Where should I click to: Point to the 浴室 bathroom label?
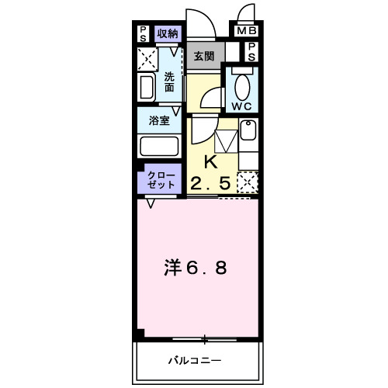pos(160,120)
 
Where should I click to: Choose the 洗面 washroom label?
pos(170,81)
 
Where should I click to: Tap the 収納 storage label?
pos(167,33)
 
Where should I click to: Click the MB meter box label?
pos(246,32)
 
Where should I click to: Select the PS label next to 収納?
pos(144,33)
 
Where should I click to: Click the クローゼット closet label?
pos(158,181)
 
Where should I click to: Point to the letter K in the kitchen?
pos(210,162)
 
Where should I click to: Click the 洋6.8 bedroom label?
pos(196,268)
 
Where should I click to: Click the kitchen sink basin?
pos(248,131)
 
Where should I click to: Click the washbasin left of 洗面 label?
pos(147,85)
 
